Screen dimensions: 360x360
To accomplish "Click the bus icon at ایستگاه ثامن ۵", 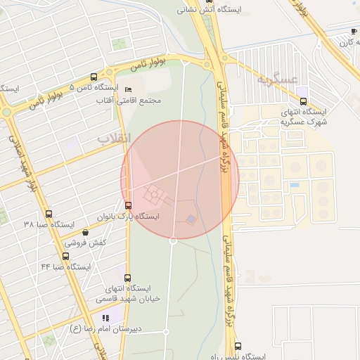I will click(94, 77).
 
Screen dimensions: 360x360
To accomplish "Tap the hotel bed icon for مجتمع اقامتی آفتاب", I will click(127, 90).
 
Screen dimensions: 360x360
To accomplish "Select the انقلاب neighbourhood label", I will click(113, 139).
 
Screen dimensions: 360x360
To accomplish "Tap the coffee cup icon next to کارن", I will click(353, 32).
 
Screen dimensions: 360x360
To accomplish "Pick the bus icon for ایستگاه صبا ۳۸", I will click(48, 214).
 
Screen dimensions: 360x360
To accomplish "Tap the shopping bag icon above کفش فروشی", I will click(86, 232).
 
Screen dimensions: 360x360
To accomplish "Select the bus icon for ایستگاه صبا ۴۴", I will click(65, 257).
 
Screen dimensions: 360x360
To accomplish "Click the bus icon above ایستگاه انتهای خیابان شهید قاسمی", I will click(127, 278).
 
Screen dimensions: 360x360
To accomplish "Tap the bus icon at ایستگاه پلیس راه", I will click(238, 347).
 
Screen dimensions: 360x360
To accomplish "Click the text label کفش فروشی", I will click(86, 243).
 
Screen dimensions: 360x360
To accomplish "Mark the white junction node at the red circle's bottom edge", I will click(173, 240).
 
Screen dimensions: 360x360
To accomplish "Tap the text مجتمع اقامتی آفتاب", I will click(131, 101).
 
